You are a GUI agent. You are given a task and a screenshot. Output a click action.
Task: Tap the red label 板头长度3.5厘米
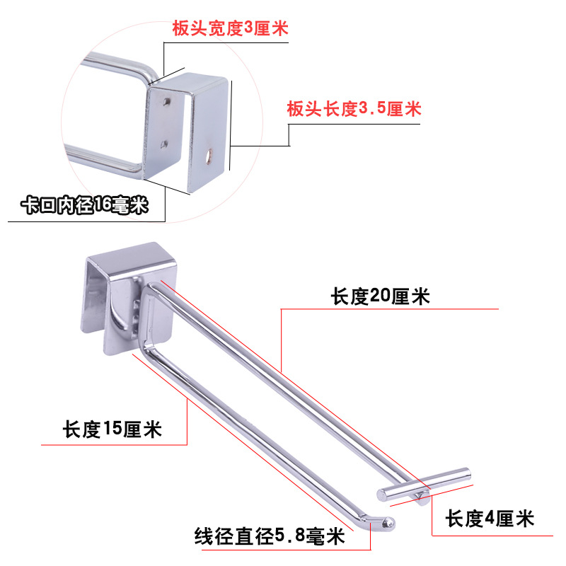pyautogui.click(x=354, y=109)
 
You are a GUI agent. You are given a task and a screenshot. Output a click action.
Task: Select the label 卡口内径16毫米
pyautogui.click(x=84, y=206)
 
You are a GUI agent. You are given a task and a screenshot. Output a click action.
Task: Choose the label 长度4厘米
pyautogui.click(x=489, y=519)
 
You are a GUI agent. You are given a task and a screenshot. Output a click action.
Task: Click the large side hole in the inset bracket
pyautogui.click(x=210, y=154)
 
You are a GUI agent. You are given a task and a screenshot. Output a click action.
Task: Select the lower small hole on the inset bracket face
pyautogui.click(x=164, y=144)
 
